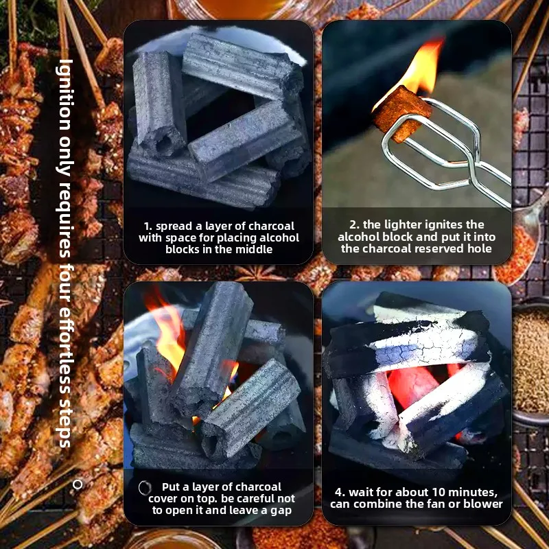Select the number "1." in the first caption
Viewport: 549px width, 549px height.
pos(148,226)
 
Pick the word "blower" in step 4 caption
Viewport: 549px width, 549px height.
pos(486,504)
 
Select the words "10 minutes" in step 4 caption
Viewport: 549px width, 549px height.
pos(467,492)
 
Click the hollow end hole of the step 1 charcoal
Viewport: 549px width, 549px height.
pos(163,142)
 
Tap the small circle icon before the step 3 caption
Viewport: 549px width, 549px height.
pos(145,487)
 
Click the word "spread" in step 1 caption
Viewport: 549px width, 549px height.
pos(175,226)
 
